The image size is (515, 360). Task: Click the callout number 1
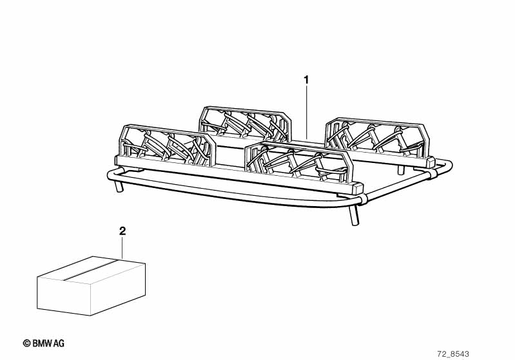[306, 80]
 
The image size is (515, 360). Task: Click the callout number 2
[122, 231]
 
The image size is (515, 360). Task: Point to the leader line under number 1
[306, 111]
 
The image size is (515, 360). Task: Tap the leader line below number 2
[122, 247]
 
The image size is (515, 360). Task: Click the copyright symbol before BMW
[26, 343]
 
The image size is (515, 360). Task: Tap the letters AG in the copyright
[59, 343]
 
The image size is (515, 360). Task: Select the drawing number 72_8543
[453, 354]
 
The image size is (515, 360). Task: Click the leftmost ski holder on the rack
[167, 146]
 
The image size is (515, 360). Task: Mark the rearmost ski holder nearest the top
[246, 124]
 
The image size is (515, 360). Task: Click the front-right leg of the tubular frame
[353, 214]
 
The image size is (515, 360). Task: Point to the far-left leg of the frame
[119, 186]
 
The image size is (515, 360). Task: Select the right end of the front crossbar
[358, 188]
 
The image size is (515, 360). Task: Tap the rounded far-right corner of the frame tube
[447, 165]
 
